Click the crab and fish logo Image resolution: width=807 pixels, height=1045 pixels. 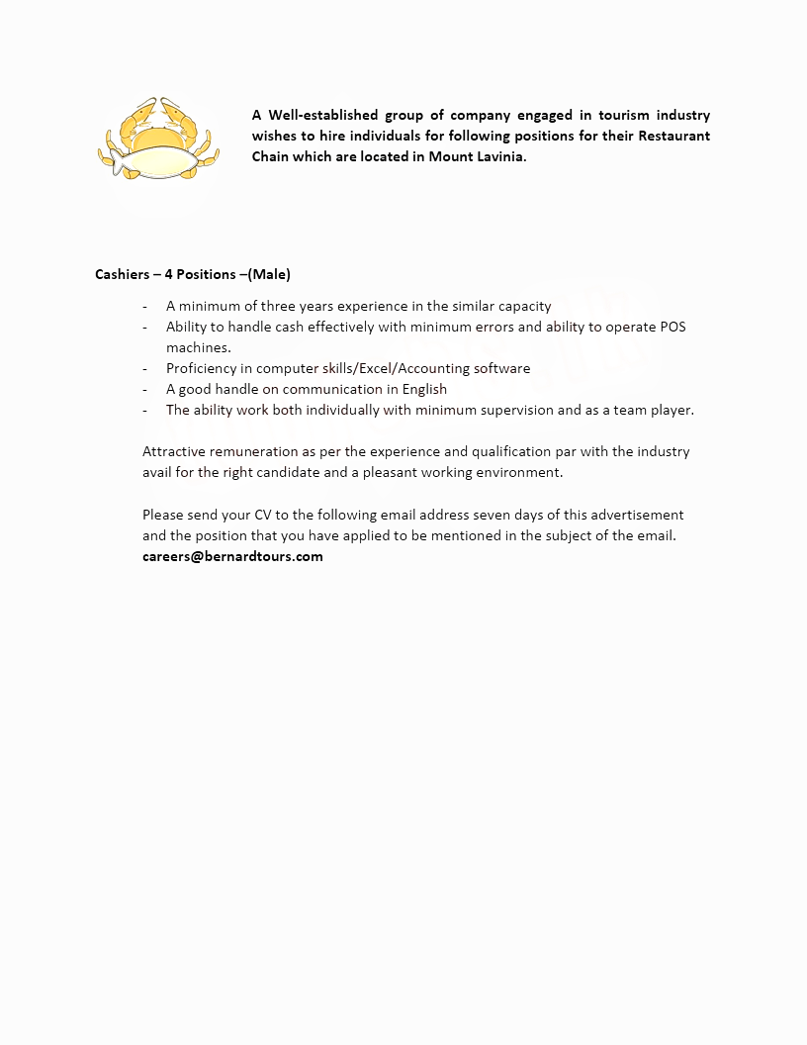[x=158, y=140]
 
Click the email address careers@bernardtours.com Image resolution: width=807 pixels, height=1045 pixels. [x=232, y=556]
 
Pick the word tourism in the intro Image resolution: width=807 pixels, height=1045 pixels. [x=623, y=115]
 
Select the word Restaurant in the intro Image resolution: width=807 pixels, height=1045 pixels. [x=674, y=136]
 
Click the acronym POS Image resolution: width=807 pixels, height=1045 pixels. [x=672, y=327]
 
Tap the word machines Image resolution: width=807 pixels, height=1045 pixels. [x=198, y=347]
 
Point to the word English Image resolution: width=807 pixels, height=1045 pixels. [x=424, y=389]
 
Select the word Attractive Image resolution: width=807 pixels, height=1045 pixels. [x=174, y=451]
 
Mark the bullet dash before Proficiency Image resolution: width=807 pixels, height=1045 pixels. [x=145, y=368]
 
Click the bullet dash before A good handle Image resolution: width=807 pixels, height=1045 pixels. [x=145, y=389]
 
